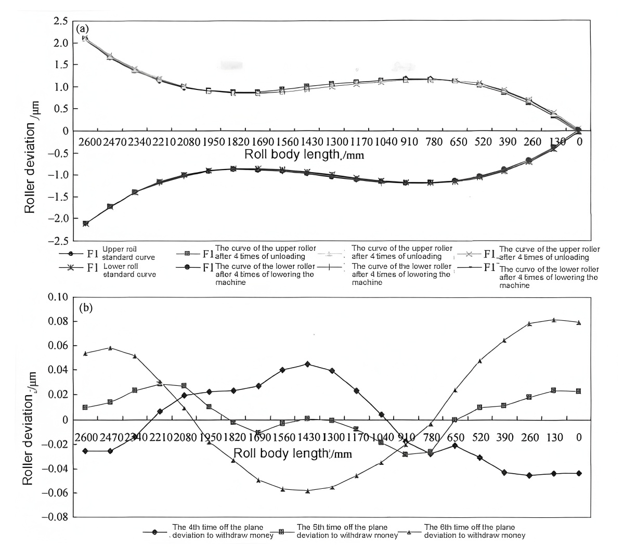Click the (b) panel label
tap(85, 307)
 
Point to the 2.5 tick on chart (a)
tap(61, 21)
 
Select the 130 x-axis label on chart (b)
tap(554, 437)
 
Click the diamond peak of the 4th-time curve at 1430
tap(307, 364)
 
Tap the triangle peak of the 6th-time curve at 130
tap(554, 320)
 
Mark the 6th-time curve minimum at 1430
tap(307, 490)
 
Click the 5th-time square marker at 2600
tap(85, 407)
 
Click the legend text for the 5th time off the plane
tap(342, 531)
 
